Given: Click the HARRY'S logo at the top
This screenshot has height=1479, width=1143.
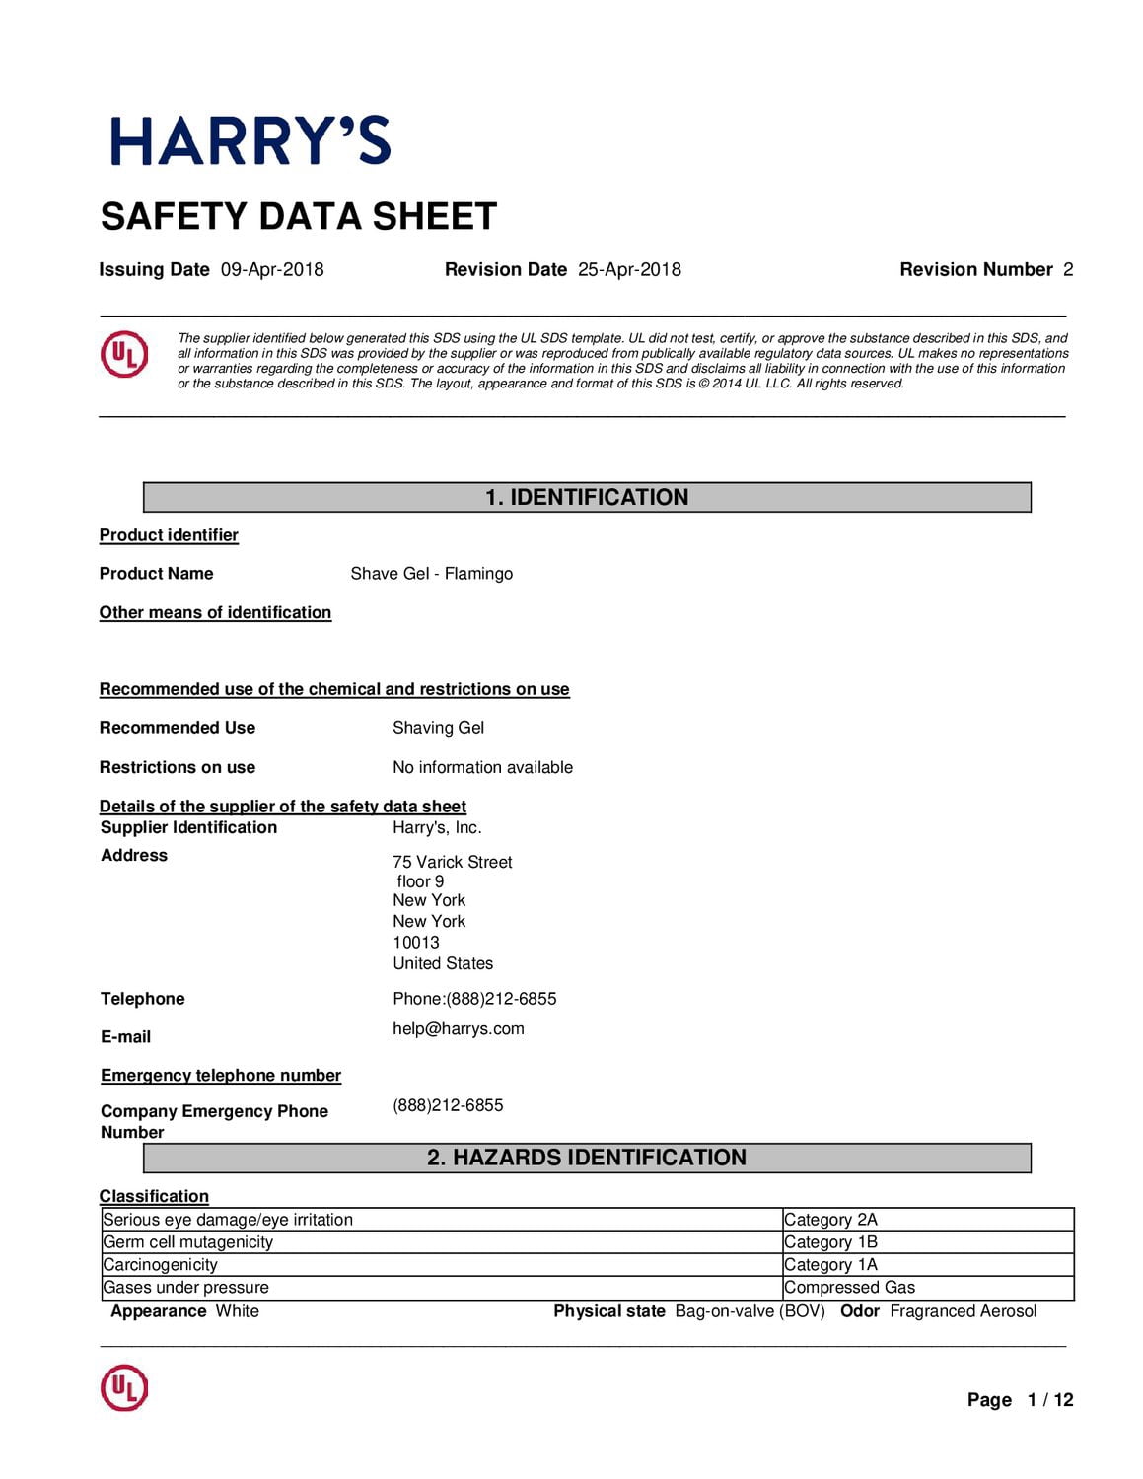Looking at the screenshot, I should pos(250,141).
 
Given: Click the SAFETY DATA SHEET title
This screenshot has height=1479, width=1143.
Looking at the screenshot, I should pos(299,217).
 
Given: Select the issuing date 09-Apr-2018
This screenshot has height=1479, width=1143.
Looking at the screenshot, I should pos(272,270).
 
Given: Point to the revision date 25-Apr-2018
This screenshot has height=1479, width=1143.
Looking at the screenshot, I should pos(629,270).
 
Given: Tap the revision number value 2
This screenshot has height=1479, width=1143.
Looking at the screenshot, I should pos(1068,270).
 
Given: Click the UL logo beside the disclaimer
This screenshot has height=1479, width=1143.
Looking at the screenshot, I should pos(124,355).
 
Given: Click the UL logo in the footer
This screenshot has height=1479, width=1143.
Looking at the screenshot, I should pos(124,1388).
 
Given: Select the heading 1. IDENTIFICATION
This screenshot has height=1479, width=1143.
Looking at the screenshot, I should pos(587,497).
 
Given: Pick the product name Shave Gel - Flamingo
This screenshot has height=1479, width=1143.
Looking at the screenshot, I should pos(431,574).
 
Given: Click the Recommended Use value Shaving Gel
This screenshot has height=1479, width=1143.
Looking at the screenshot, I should pos(438,728).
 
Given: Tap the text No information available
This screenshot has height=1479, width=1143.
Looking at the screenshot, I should pos(482,767).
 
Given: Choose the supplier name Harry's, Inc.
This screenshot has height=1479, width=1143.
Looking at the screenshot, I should pos(437,828).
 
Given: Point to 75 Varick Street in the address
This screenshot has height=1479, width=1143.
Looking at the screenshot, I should pos(453,862).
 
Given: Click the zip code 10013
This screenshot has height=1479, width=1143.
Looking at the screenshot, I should pos(416,943).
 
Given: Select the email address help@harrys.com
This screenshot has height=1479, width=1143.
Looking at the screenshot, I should pos(459,1029).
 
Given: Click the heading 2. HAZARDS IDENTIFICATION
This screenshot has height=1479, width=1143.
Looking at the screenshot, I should pos(587,1158).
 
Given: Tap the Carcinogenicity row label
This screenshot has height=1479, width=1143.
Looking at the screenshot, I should pos(161,1265).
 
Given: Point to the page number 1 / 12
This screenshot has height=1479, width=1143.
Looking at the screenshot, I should pos(1049,1400).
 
